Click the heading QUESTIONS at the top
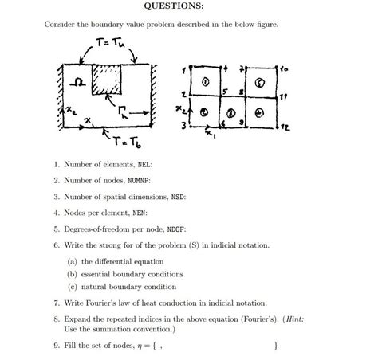[179, 7]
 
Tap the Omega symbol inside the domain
[77, 82]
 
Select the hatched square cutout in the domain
[106, 81]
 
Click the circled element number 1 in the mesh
[206, 82]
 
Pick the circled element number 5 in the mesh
[259, 82]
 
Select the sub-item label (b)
[72, 272]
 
